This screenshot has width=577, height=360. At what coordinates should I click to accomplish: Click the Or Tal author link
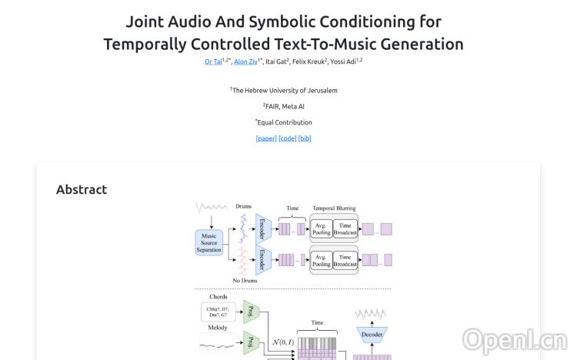[212, 62]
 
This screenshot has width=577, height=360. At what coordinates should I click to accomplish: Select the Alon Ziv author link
[246, 62]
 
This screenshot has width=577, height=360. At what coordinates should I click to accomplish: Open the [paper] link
[266, 138]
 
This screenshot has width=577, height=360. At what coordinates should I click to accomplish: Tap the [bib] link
[305, 138]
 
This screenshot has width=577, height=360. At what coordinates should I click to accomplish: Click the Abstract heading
[82, 189]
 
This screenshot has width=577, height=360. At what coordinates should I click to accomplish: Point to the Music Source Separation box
[209, 242]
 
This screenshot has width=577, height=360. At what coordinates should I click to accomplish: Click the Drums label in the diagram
[243, 207]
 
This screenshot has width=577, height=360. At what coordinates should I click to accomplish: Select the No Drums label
[245, 281]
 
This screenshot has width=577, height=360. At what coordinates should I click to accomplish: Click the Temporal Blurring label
[335, 208]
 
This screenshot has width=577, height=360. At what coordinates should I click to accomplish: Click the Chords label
[218, 297]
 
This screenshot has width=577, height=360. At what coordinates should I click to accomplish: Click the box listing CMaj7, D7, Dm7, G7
[219, 312]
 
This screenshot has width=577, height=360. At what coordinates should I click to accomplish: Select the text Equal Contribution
[285, 122]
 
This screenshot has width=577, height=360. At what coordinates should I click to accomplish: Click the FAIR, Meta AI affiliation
[285, 106]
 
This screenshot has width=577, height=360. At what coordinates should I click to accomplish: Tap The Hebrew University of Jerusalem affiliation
[285, 90]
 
